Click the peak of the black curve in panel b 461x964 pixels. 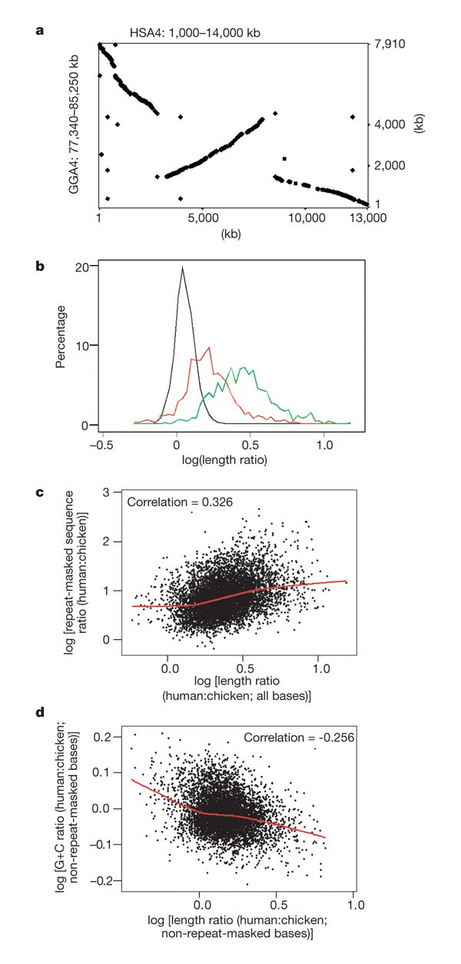(182, 268)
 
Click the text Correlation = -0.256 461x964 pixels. (294, 738)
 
